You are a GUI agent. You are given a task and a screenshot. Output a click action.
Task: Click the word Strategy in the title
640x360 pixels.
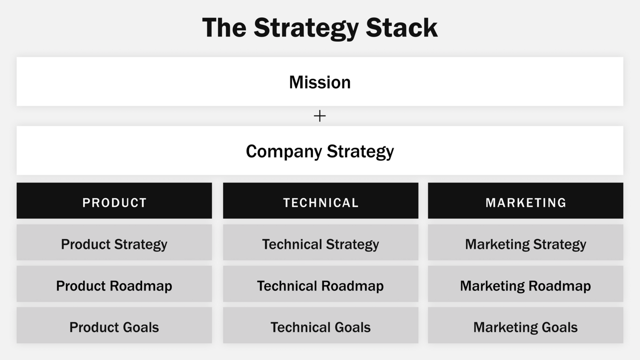(x=306, y=28)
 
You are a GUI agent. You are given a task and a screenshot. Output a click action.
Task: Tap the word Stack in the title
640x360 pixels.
(x=401, y=28)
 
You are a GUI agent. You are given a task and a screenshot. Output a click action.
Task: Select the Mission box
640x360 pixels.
(x=320, y=81)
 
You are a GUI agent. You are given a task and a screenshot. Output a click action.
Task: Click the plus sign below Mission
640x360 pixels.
(x=320, y=116)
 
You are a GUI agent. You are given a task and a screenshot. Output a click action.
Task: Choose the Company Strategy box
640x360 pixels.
(x=320, y=151)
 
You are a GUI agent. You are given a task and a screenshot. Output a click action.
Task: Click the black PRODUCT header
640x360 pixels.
(x=114, y=201)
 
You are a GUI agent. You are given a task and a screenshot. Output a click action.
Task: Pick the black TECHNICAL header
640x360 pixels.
(x=320, y=201)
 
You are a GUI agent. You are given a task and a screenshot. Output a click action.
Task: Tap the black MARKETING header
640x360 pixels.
(x=525, y=201)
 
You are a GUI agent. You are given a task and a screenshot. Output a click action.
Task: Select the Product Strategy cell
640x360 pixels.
(x=114, y=243)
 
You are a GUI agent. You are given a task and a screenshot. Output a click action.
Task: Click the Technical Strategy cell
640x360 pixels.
(x=320, y=243)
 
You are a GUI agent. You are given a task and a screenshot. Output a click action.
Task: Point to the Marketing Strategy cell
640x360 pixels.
(x=525, y=243)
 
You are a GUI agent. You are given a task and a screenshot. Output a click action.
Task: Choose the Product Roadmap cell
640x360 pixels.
(x=114, y=284)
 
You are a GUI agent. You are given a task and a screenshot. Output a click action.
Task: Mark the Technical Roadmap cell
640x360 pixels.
(x=320, y=284)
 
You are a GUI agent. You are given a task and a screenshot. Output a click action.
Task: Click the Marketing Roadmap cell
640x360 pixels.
(x=525, y=284)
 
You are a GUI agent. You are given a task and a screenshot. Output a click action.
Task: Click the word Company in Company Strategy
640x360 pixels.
(x=284, y=151)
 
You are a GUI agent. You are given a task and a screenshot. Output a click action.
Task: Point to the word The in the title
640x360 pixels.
(x=224, y=28)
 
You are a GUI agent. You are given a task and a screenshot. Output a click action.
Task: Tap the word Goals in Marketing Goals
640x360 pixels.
(x=559, y=327)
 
